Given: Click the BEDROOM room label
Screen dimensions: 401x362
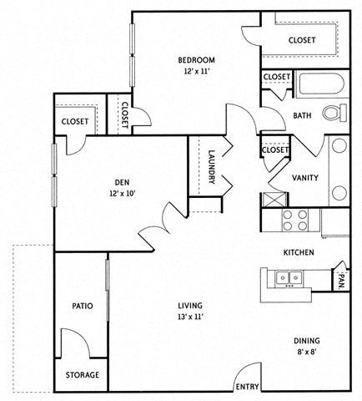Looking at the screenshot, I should point(197,59).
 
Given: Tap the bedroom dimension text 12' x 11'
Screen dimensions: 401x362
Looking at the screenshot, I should point(197,72).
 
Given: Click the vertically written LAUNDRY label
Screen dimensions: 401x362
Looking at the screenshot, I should point(213,166).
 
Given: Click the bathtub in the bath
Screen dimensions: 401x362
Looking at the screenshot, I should point(318,86).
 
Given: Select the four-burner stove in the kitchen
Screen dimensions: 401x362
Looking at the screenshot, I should point(294,221).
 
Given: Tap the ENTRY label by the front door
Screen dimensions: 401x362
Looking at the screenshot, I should point(248,387).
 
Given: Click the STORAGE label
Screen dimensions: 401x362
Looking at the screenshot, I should point(83,375).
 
